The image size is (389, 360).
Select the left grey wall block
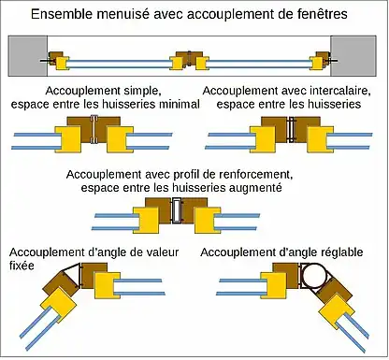click(28, 56)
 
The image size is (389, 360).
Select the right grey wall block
click(353, 56)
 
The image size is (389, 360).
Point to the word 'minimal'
click(180, 104)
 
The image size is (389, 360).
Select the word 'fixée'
click(22, 266)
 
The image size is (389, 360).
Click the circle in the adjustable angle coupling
click(313, 275)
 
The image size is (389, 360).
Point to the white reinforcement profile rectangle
click(177, 210)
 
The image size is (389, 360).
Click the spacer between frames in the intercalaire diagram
click(291, 130)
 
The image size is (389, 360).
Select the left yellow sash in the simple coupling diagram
click(68, 139)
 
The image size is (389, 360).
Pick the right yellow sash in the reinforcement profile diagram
click(208, 220)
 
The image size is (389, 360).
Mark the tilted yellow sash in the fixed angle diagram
click(59, 305)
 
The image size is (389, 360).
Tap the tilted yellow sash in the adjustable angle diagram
click(337, 311)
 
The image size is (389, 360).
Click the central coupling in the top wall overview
click(189, 60)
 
